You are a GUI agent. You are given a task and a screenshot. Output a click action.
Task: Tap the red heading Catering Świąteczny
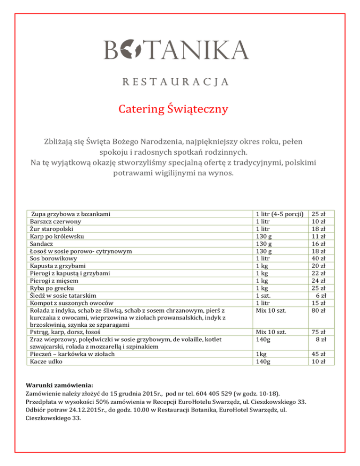173,110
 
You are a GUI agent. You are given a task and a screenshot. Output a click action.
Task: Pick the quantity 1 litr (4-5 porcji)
279,214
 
